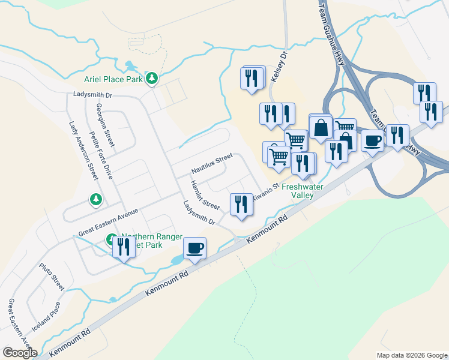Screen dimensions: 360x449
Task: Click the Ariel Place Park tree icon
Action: point(152,78)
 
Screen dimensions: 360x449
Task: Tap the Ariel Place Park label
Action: point(113,78)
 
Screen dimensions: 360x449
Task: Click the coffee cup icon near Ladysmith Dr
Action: point(195,247)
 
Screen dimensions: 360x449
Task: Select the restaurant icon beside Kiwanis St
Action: point(241,203)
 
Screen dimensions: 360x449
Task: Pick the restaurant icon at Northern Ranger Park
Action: point(124,247)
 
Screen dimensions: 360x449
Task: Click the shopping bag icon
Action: point(321,127)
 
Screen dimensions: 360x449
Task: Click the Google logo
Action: point(20,353)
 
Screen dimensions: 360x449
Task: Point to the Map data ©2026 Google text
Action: point(412,355)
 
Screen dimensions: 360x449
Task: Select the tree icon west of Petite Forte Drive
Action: point(95,199)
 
